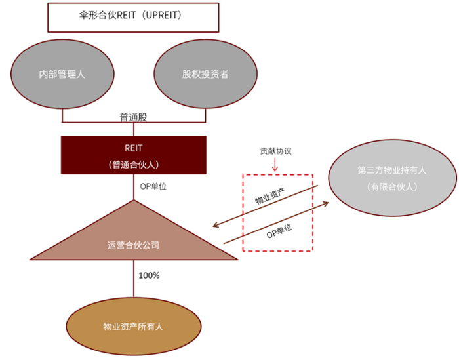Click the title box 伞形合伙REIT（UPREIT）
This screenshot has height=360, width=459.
point(133,17)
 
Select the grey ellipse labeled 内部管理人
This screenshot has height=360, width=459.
point(62,74)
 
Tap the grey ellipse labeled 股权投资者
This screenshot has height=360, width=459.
point(205,74)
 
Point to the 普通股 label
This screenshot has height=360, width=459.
point(133,117)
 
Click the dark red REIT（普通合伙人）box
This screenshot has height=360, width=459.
point(134,155)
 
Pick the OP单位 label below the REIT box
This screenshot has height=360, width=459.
point(153,186)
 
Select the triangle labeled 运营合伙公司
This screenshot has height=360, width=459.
point(134,234)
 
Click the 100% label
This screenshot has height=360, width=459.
point(149,275)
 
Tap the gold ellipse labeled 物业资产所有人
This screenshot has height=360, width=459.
point(134,327)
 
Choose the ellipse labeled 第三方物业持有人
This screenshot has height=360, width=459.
point(392,178)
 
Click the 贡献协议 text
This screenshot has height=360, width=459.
point(276,151)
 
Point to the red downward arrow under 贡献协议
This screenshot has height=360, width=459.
point(275,165)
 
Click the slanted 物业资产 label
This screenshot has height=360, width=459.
point(270,196)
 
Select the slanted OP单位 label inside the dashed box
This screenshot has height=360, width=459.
point(279,231)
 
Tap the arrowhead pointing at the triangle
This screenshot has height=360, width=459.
point(216,225)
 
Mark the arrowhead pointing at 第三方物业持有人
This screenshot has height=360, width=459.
point(325,203)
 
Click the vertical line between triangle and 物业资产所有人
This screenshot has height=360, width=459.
point(134,279)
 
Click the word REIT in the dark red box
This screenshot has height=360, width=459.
point(134,148)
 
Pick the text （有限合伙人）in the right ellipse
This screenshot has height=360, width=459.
point(392,186)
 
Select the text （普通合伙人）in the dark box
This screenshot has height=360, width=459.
point(134,165)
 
